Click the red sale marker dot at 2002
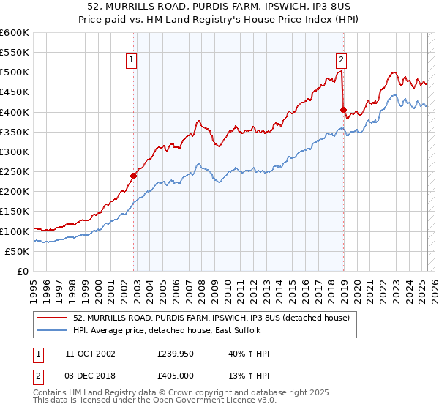point(134,176)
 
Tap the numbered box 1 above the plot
point(131,61)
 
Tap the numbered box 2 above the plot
point(342,61)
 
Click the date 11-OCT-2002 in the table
point(90,354)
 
